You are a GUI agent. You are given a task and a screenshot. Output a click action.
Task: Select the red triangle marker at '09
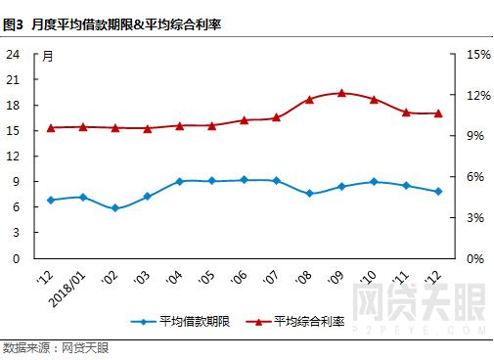coord(341,93)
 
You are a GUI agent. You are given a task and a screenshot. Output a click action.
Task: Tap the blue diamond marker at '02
coord(115,208)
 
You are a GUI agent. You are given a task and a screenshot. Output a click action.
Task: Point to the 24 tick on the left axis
coord(14,55)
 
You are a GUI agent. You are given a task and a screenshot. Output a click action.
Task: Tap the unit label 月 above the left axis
coord(47,56)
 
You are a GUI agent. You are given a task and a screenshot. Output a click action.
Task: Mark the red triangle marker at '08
coord(309,100)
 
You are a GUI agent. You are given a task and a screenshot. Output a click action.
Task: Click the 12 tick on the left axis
coord(14,157)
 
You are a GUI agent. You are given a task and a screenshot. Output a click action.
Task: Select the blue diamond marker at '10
coord(374,182)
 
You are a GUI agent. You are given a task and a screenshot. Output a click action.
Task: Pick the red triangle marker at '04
coord(180,125)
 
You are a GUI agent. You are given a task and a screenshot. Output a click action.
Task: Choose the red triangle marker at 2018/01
coord(83,127)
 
